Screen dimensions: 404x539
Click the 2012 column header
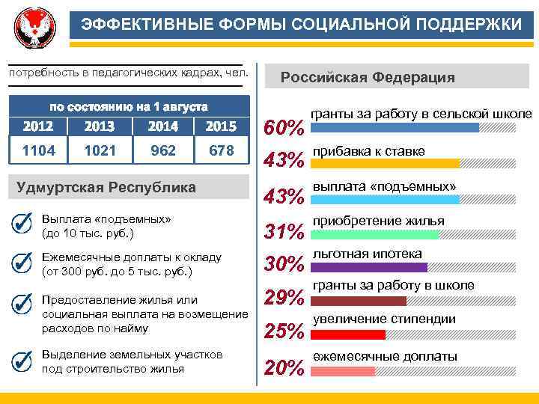(x=38, y=126)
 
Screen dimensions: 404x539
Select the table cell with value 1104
(x=38, y=150)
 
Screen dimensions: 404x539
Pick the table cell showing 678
(x=222, y=150)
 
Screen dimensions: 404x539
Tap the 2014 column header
(x=163, y=126)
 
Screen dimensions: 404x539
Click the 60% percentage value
(x=285, y=128)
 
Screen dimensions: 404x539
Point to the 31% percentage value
(x=285, y=232)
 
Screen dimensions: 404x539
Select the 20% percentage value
(x=285, y=367)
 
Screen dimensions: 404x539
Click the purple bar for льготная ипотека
(x=369, y=267)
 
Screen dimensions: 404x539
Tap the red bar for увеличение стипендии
(x=348, y=334)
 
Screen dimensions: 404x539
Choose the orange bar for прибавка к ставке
(x=386, y=163)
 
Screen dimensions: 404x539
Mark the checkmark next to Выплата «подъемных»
(x=23, y=224)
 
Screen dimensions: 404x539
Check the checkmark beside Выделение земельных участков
(x=23, y=360)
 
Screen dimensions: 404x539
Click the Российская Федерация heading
(x=367, y=78)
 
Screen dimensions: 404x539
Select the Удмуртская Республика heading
(x=106, y=186)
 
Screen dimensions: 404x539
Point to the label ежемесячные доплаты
(x=385, y=356)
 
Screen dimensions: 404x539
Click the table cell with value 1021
(x=100, y=150)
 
